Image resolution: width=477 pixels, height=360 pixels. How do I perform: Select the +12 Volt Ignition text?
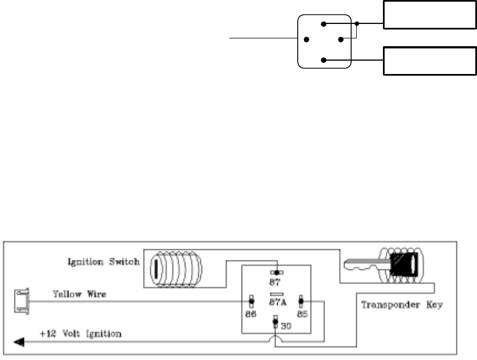point(80,334)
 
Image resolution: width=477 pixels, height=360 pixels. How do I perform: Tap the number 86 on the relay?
point(251,313)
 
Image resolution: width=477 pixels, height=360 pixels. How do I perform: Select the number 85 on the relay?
point(301,313)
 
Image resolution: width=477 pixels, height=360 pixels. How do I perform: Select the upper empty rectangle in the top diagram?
point(429,15)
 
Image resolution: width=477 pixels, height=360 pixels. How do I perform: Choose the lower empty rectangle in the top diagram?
point(429,61)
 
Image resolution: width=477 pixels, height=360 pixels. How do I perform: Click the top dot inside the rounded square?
point(322,23)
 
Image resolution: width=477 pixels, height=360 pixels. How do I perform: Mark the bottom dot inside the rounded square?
point(322,60)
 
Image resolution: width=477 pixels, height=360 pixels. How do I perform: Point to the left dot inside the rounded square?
point(306,40)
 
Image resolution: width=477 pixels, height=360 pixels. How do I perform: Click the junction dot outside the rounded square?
point(357,24)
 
